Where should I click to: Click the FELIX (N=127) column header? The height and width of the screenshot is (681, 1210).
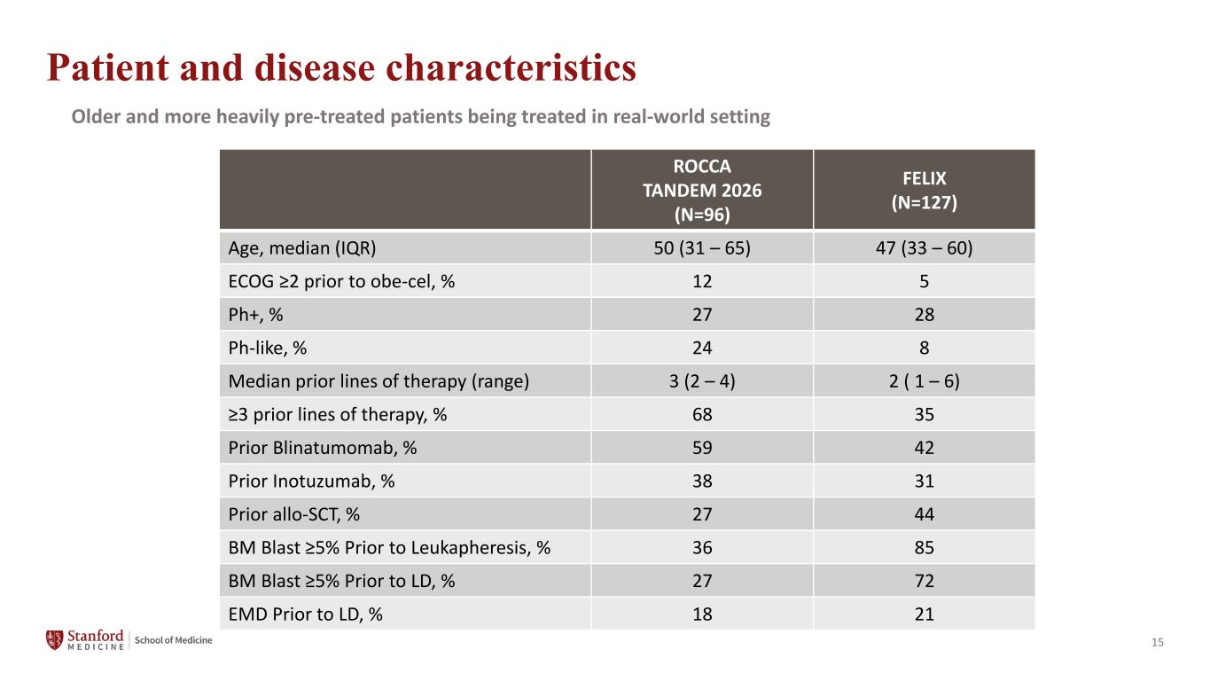pyautogui.click(x=924, y=191)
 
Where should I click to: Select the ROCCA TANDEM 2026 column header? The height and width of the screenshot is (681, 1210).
pyautogui.click(x=702, y=191)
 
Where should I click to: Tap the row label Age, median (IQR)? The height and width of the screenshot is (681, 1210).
pyautogui.click(x=302, y=248)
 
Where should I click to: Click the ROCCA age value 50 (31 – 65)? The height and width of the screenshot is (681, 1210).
pyautogui.click(x=702, y=248)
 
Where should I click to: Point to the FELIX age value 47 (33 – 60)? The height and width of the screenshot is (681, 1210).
pyautogui.click(x=924, y=248)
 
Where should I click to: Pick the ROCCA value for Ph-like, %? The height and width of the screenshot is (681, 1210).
pyautogui.click(x=702, y=348)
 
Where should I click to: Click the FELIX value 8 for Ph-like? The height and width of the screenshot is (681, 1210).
pyautogui.click(x=924, y=348)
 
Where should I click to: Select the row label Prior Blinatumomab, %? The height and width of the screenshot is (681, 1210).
pyautogui.click(x=323, y=448)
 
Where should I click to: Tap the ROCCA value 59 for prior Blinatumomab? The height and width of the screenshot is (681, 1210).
pyautogui.click(x=702, y=448)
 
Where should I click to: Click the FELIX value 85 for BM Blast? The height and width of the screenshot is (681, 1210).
pyautogui.click(x=924, y=547)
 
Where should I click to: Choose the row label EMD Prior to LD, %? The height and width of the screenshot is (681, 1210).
pyautogui.click(x=305, y=614)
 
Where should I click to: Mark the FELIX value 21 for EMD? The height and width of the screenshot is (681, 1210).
pyautogui.click(x=924, y=614)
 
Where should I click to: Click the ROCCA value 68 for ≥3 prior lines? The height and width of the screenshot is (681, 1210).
pyautogui.click(x=702, y=415)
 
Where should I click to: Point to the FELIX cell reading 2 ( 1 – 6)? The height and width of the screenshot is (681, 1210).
pyautogui.click(x=924, y=381)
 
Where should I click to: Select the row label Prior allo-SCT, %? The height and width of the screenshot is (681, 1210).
pyautogui.click(x=294, y=514)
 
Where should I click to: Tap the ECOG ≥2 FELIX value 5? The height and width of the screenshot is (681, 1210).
pyautogui.click(x=924, y=281)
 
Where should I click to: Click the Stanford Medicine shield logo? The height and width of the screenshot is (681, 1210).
pyautogui.click(x=54, y=640)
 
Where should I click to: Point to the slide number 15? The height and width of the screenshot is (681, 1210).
pyautogui.click(x=1157, y=642)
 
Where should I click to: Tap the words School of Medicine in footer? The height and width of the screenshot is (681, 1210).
pyautogui.click(x=173, y=640)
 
